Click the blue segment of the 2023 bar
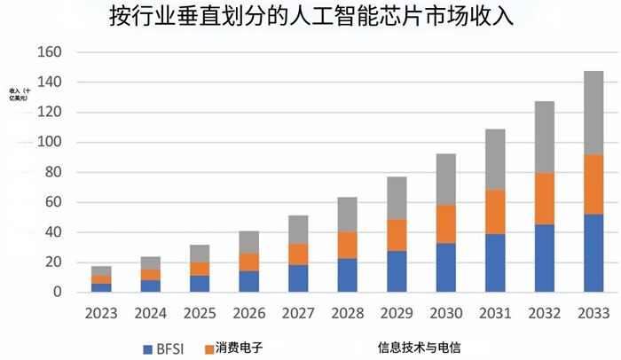pos(101,287)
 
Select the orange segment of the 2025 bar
pos(199,269)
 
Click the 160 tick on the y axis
pos(51,52)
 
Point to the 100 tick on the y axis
pos(51,143)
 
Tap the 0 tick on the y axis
pos(57,292)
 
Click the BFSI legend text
pos(169,348)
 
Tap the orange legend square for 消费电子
pos(210,348)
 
